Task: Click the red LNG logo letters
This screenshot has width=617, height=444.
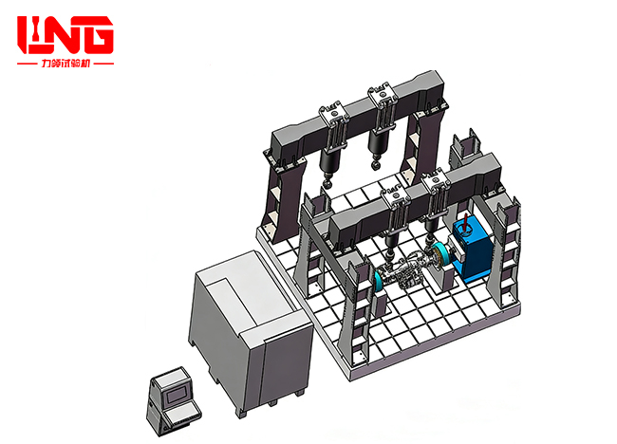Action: click(x=65, y=34)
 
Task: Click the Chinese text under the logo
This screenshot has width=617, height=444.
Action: click(x=65, y=65)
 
